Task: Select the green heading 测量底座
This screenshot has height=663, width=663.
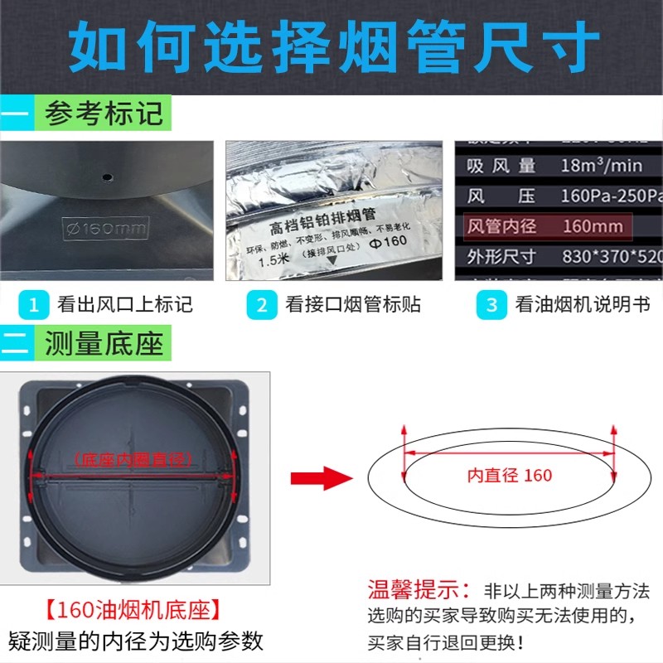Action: tap(104, 342)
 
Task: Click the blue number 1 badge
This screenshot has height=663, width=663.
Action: tap(33, 304)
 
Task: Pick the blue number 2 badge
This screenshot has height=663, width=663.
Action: tap(262, 304)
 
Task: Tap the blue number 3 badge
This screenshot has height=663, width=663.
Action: tap(491, 304)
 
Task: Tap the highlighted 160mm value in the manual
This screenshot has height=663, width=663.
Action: tap(592, 225)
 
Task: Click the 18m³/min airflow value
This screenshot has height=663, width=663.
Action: tap(601, 166)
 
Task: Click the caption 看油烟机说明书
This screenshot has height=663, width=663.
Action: tap(581, 304)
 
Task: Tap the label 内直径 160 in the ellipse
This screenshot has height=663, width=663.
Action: tap(509, 476)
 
